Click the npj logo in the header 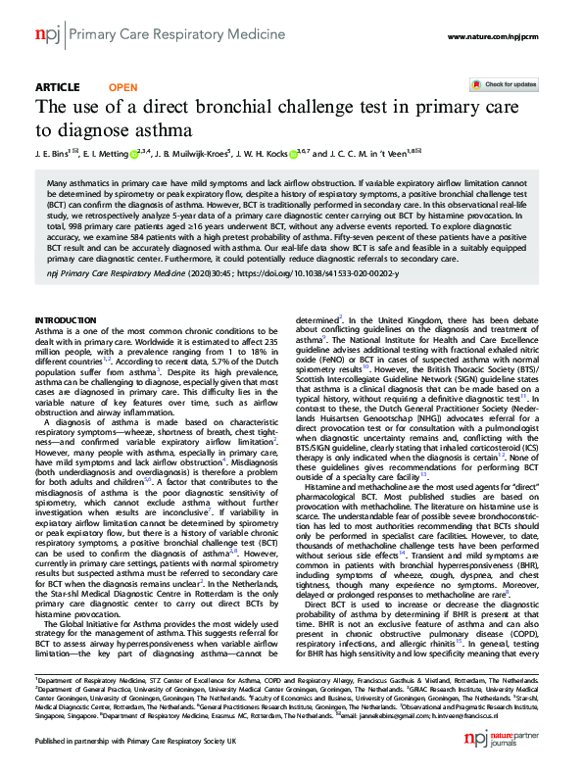click(x=47, y=36)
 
